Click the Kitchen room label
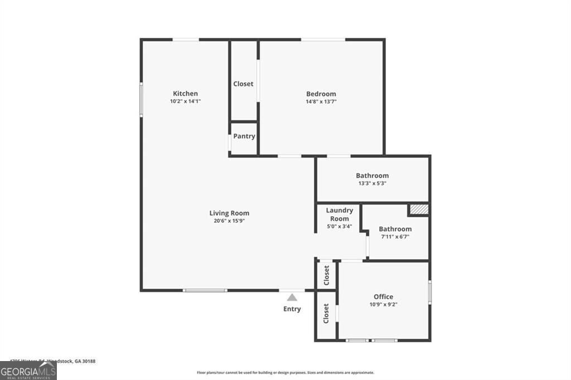pos(185,94)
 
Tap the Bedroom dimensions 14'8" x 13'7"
pos(321,102)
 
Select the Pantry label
pos(244,137)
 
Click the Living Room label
pos(229,213)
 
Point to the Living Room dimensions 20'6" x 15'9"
pos(229,221)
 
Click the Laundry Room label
pos(340,215)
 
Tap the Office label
pos(383,296)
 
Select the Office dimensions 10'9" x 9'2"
pos(383,305)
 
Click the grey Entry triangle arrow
pos(292,298)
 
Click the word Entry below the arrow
pos(292,309)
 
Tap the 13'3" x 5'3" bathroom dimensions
pos(372,183)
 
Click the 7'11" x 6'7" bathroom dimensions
pos(395,237)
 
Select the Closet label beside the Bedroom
pos(243,84)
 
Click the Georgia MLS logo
pos(28,371)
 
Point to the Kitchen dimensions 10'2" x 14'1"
pos(185,101)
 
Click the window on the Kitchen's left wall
pos(141,99)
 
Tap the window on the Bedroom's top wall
pos(323,40)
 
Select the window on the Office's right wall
pos(429,291)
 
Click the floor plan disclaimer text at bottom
pos(285,373)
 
